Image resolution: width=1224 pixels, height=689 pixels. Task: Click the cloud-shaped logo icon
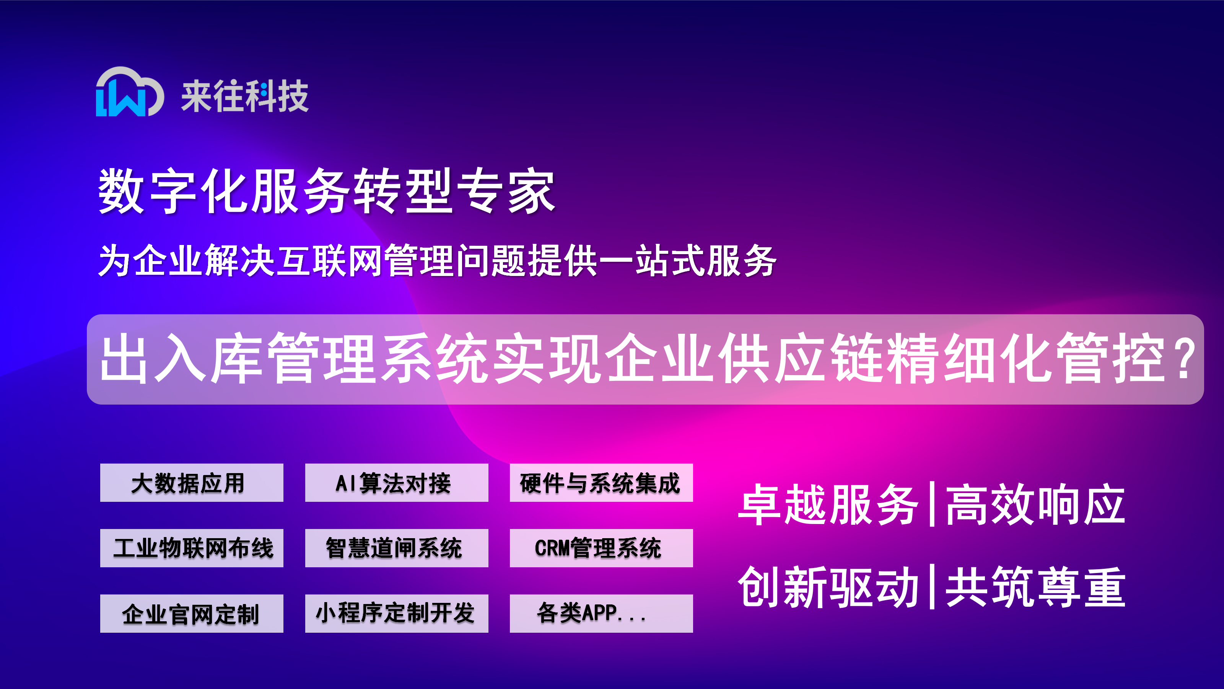tap(130, 91)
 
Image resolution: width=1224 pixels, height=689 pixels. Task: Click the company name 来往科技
tap(245, 96)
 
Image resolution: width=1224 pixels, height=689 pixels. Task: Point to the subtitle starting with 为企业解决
tap(437, 260)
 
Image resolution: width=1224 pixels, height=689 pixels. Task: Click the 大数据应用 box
tap(192, 483)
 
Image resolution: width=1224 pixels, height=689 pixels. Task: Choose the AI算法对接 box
tap(396, 483)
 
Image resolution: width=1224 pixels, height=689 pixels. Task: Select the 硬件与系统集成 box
tap(601, 483)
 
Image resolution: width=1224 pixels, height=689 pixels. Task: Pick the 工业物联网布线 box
tap(192, 548)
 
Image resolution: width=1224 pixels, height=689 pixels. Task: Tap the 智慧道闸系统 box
tap(396, 548)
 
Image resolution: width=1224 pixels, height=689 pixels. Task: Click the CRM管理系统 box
tap(601, 548)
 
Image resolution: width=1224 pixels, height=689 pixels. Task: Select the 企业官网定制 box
tap(192, 613)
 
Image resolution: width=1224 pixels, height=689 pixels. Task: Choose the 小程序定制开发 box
tap(396, 613)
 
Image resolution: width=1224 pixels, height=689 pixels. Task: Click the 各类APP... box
tap(601, 613)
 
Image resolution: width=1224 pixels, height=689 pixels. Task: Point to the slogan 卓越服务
tap(828, 504)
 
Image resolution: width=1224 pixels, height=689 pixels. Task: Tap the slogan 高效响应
tap(1035, 504)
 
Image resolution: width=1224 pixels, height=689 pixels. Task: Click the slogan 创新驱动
tap(828, 587)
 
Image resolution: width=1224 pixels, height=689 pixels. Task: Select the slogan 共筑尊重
tap(1035, 587)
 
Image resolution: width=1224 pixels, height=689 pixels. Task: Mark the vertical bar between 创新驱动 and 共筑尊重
tap(932, 587)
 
